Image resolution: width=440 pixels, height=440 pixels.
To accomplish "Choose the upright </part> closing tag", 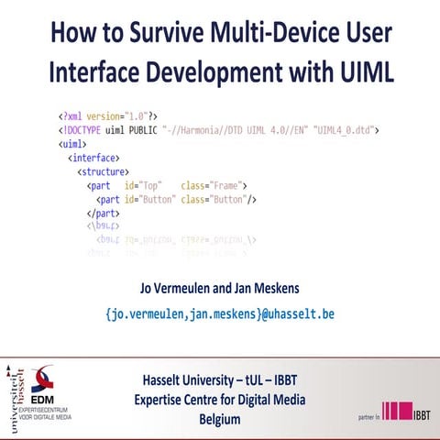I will pos(105,213).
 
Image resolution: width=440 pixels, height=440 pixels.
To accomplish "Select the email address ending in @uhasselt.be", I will pos(220,313).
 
